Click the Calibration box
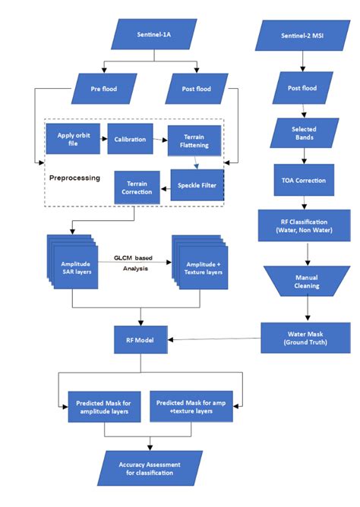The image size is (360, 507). pyautogui.click(x=130, y=140)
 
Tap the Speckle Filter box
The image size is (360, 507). pyautogui.click(x=194, y=185)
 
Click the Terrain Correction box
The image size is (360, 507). pyautogui.click(x=137, y=187)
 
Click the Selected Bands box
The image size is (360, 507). pyautogui.click(x=304, y=134)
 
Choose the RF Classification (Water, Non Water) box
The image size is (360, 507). pyautogui.click(x=304, y=225)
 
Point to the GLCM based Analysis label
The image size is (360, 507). pyautogui.click(x=133, y=262)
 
